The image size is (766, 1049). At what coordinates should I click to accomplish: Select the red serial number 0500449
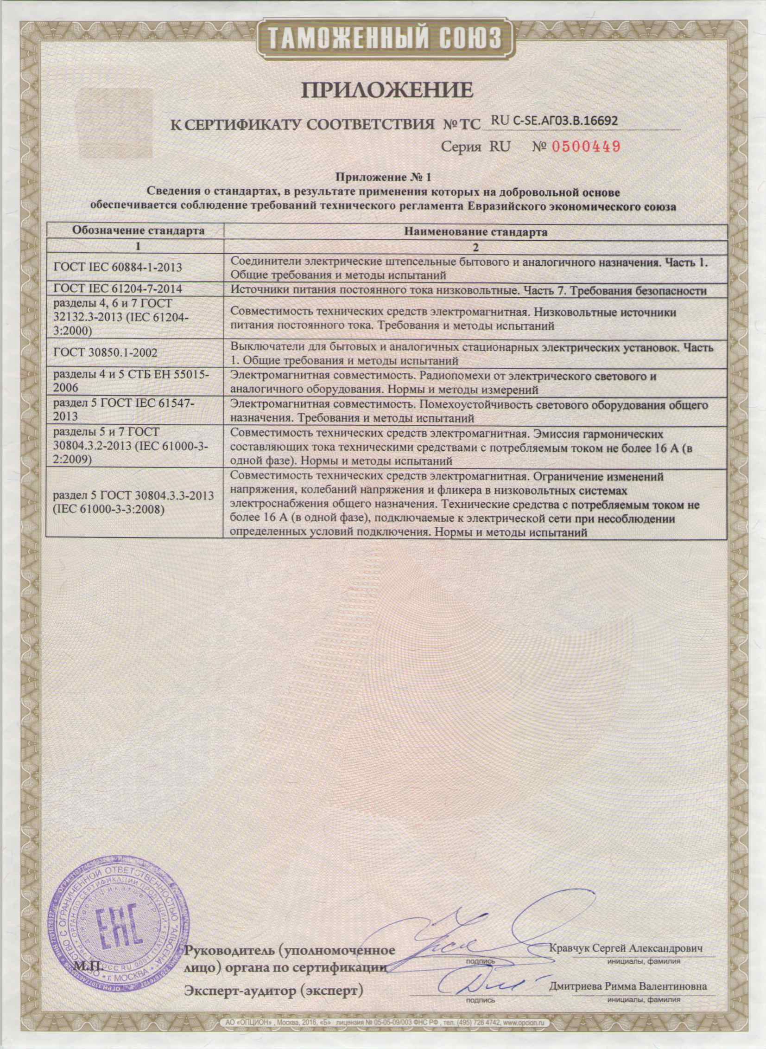coord(586,147)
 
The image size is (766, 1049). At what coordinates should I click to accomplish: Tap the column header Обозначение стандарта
coord(134,231)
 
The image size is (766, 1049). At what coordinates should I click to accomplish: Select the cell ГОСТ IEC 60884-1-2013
coord(118,268)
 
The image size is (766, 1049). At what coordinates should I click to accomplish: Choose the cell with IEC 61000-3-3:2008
coord(133,502)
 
